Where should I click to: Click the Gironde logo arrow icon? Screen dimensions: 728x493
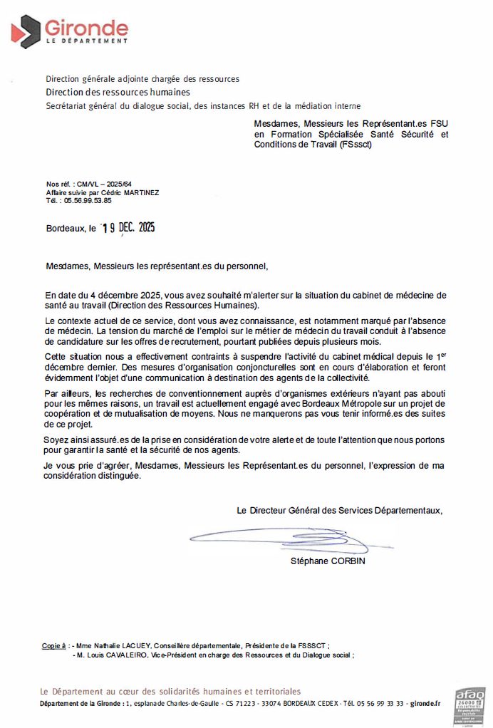click(x=26, y=31)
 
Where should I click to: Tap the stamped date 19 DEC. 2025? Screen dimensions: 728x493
click(x=128, y=228)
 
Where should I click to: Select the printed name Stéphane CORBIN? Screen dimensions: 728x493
click(x=328, y=561)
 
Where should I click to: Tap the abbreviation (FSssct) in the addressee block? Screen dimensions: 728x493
click(x=351, y=144)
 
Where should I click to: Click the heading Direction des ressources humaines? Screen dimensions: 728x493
click(x=118, y=92)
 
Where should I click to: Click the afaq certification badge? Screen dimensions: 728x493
click(x=469, y=705)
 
